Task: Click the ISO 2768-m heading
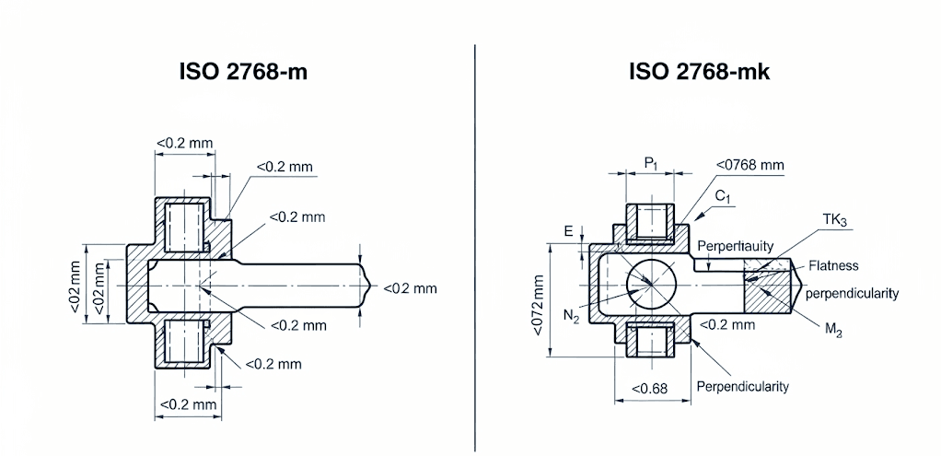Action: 243,72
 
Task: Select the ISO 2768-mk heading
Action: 699,72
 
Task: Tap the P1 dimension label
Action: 651,163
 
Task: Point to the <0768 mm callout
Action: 750,165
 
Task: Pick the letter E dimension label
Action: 568,230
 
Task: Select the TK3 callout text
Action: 835,220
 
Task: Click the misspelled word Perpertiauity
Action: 735,247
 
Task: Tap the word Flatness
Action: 832,265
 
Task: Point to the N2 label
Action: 571,316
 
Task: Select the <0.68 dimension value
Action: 650,388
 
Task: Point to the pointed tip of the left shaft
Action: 368,286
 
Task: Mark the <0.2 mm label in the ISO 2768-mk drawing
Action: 727,324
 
